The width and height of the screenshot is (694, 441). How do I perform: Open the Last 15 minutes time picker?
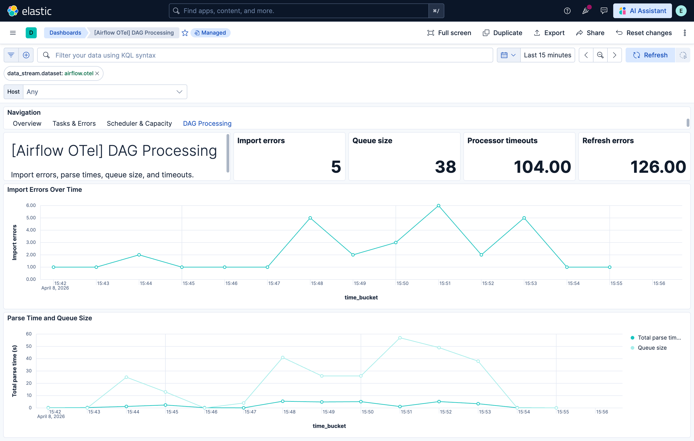pyautogui.click(x=547, y=55)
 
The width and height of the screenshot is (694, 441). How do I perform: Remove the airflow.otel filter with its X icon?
pyautogui.click(x=97, y=73)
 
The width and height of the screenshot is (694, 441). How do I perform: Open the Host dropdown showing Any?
pyautogui.click(x=105, y=92)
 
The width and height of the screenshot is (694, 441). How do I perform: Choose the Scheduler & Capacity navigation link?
pyautogui.click(x=139, y=123)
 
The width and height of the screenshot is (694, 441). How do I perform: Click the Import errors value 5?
pyautogui.click(x=336, y=167)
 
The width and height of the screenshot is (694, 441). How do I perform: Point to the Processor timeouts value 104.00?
pyautogui.click(x=542, y=167)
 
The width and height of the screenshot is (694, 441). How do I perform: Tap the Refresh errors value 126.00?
pyautogui.click(x=658, y=167)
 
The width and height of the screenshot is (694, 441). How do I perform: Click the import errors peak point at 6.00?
pyautogui.click(x=438, y=206)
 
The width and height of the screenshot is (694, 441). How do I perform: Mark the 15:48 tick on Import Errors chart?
pyautogui.click(x=317, y=283)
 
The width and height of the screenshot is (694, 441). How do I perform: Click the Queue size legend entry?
pyautogui.click(x=652, y=348)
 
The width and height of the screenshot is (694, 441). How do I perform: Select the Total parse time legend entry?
pyautogui.click(x=659, y=338)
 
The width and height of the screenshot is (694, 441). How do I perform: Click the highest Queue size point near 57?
pyautogui.click(x=400, y=338)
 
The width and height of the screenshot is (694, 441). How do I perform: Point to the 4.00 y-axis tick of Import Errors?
pyautogui.click(x=31, y=230)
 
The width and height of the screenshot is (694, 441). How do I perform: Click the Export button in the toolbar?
pyautogui.click(x=549, y=33)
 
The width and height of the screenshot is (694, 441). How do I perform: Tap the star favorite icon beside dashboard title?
pyautogui.click(x=185, y=33)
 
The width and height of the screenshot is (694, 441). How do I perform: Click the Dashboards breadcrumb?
pyautogui.click(x=65, y=33)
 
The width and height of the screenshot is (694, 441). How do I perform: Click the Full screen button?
pyautogui.click(x=449, y=33)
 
